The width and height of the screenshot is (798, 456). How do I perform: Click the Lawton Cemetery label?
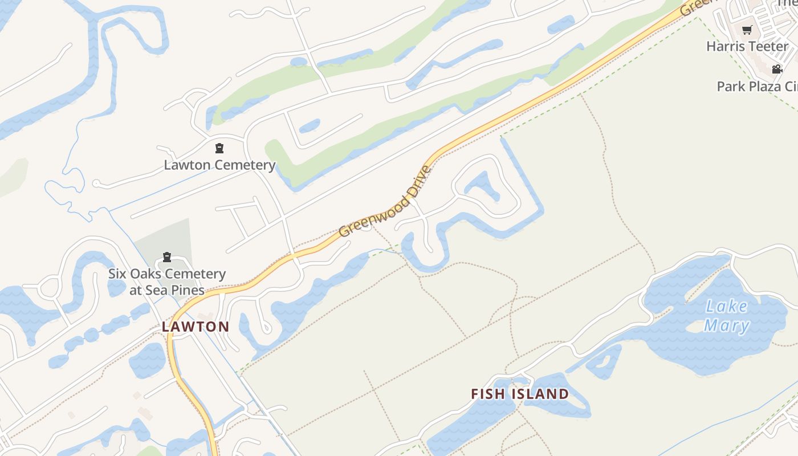click(219, 165)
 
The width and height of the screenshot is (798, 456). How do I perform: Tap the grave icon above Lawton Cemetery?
click(219, 149)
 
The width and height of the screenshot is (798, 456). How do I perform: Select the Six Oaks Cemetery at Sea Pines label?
click(167, 282)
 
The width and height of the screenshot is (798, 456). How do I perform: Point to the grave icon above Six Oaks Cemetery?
click(167, 257)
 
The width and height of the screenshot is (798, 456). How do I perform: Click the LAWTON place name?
click(196, 327)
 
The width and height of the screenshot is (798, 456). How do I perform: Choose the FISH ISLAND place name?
click(520, 394)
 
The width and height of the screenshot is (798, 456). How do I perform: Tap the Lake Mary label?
click(726, 316)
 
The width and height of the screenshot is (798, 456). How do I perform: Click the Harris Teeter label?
click(747, 46)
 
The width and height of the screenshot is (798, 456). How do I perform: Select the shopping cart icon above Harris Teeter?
click(747, 30)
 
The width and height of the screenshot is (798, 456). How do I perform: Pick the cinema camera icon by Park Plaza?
click(777, 70)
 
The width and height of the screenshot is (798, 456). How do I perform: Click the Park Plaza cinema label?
click(757, 86)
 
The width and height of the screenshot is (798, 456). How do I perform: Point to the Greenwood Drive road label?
click(386, 201)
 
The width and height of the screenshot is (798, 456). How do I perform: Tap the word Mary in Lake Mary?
click(726, 326)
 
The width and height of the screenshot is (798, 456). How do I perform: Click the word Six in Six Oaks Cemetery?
click(117, 274)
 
